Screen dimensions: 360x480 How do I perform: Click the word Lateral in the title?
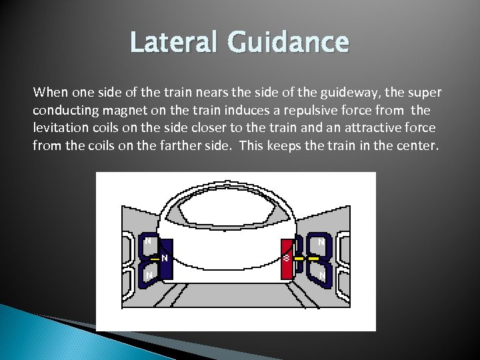[175, 42]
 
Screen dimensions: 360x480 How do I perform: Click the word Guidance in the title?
[289, 42]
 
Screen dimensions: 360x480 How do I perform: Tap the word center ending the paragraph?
[417, 143]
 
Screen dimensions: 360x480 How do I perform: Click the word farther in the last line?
[162, 143]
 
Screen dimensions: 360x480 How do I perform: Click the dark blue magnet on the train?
[165, 257]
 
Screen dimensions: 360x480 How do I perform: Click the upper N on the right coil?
[321, 242]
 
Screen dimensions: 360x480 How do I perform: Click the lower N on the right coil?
[321, 275]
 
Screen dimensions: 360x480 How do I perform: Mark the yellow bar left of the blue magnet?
[155, 257]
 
